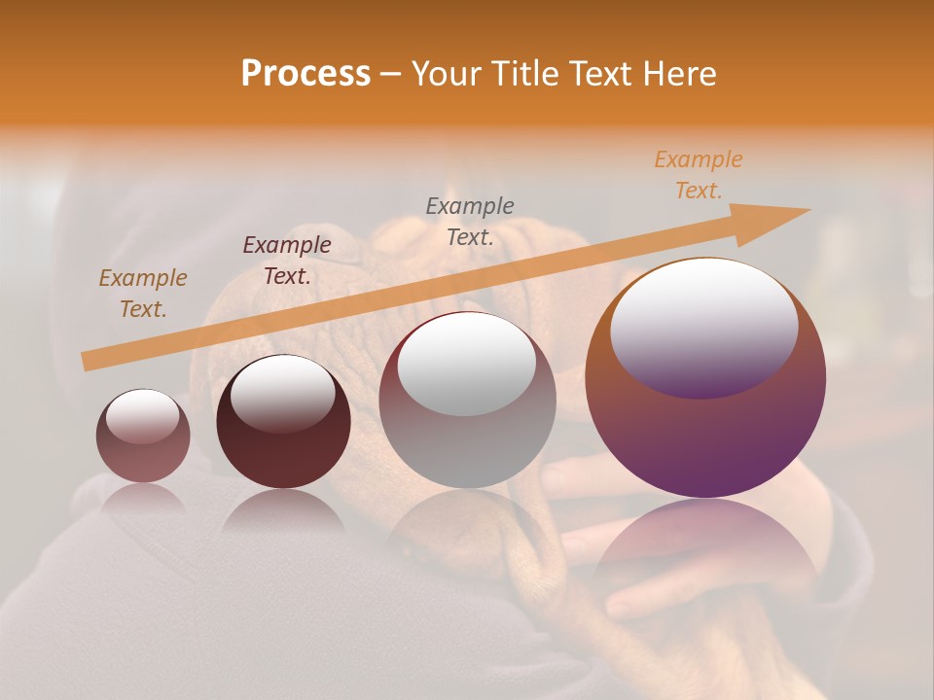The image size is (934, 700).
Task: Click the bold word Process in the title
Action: pos(305,74)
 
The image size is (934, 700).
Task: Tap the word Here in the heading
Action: pos(678,74)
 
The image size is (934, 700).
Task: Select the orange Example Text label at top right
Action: pos(699,175)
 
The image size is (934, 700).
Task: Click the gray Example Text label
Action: pos(470,222)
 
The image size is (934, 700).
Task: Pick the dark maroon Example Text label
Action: pos(287,261)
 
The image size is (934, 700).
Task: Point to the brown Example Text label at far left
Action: pos(143,294)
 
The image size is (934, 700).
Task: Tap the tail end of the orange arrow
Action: pos(90,361)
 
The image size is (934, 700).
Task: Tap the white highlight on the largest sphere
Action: pos(704,326)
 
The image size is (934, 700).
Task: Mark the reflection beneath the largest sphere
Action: pos(705,544)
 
